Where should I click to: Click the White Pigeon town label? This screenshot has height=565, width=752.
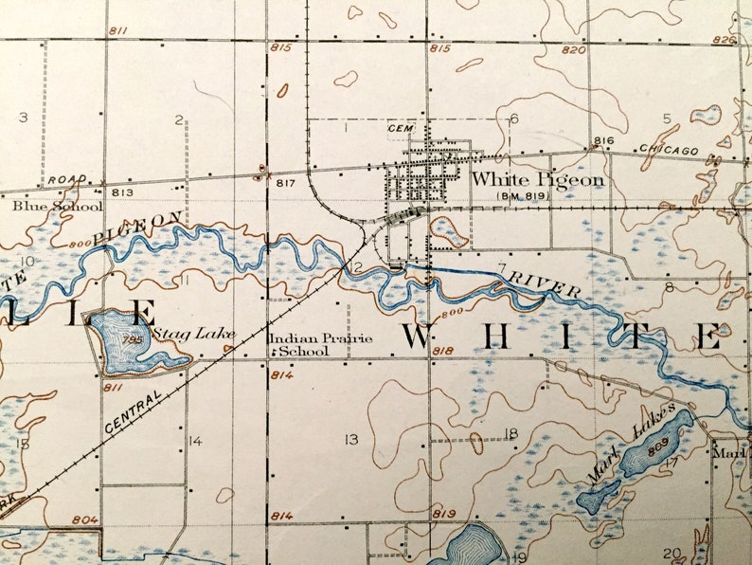click(537, 178)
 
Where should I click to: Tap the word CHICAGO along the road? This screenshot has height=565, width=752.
click(669, 151)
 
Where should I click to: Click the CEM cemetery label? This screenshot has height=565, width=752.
click(396, 127)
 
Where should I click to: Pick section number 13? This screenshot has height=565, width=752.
click(351, 439)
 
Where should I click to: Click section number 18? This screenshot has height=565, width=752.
click(511, 433)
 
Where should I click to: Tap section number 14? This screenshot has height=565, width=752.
click(194, 440)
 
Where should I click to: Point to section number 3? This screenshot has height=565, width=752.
click(23, 117)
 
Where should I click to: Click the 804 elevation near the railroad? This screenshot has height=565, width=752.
click(84, 519)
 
